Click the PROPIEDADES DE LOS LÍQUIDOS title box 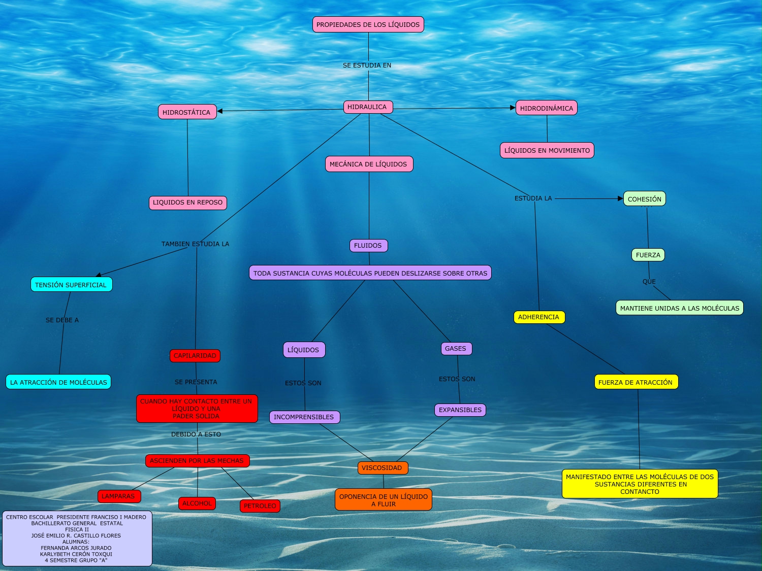pos(368,24)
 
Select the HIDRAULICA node pos(368,107)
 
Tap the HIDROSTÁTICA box pos(187,112)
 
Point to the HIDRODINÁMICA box pos(547,108)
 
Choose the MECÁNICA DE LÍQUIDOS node pos(369,164)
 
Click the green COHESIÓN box pos(644,199)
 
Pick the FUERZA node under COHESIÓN pos(648,255)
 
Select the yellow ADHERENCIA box pos(539,317)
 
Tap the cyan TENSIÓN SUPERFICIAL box pos(71,285)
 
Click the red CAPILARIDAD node pos(195,356)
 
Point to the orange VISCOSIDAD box pos(383,468)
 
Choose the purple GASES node pos(456,349)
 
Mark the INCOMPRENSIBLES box pos(304,417)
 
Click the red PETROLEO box pos(260,506)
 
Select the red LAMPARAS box pos(119,496)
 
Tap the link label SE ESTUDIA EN pos(367,65)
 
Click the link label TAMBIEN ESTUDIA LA pos(195,244)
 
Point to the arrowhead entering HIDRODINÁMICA pos(513,108)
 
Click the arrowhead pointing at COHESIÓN pos(620,198)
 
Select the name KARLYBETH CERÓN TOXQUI pos(76,554)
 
